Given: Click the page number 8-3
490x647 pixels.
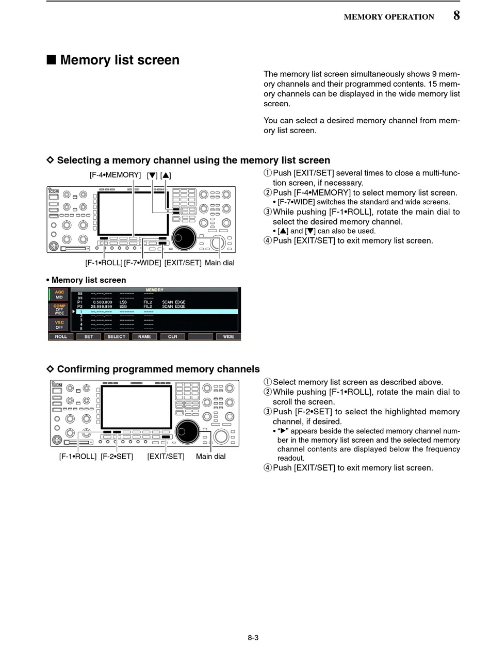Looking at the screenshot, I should [253, 637].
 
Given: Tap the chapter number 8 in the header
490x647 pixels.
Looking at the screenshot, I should [456, 15].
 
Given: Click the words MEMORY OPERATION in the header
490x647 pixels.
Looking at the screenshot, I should [389, 17].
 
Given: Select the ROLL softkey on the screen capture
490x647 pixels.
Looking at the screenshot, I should [61, 336].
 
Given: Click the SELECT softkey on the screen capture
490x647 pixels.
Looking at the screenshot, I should [117, 336].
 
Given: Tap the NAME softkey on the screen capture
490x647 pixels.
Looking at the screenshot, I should [144, 336].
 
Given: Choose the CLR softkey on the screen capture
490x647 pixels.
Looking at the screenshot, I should [172, 336].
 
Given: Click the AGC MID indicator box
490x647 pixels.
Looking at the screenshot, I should [59, 295].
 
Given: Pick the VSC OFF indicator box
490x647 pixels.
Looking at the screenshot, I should [59, 325].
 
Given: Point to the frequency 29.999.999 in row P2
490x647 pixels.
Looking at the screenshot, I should [102, 306].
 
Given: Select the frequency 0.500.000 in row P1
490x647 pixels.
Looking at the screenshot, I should [103, 302].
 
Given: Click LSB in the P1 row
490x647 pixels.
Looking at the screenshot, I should [123, 302].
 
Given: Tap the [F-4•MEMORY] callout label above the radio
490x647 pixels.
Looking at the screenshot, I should [115, 175].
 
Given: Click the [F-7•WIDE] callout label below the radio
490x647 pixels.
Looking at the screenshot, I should [142, 263].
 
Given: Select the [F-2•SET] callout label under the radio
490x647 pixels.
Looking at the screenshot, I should [117, 456].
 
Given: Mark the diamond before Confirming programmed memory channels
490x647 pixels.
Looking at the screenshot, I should [51, 369].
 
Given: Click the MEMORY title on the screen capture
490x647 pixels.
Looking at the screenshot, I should [155, 290].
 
